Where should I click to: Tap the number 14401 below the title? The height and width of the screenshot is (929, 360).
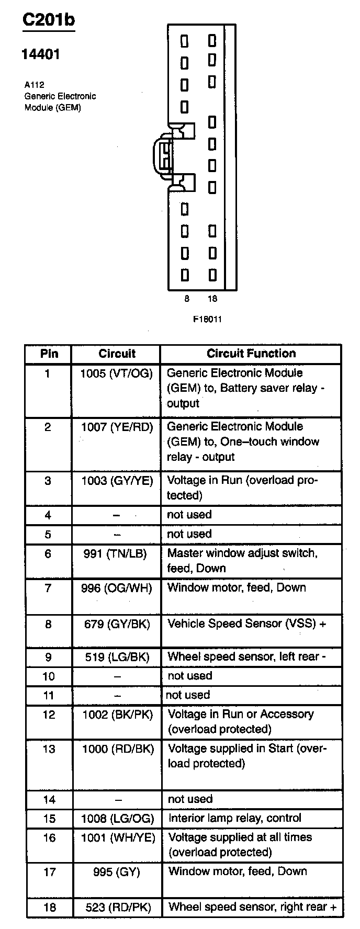(40, 54)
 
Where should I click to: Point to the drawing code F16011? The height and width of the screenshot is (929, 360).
(207, 319)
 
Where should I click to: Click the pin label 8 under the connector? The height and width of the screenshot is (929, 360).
(187, 299)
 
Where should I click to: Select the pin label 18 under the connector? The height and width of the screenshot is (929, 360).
(212, 299)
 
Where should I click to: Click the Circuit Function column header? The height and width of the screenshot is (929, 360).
(251, 354)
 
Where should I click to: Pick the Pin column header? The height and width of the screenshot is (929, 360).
(49, 354)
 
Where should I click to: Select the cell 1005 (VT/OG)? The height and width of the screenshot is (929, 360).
(117, 373)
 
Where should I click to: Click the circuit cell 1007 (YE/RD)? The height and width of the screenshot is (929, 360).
(117, 427)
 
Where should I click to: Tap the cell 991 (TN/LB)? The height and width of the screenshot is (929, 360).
(115, 553)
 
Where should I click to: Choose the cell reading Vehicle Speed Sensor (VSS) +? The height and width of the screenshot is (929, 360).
(246, 624)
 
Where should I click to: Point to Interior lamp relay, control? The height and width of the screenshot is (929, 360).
(235, 818)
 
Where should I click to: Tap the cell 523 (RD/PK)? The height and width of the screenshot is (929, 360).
(118, 908)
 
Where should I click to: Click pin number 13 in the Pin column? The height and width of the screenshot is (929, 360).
(49, 749)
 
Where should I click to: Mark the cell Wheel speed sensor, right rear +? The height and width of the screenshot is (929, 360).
(252, 907)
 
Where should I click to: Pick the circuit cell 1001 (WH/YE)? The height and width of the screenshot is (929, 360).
(118, 838)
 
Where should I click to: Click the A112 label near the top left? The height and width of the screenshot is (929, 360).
(33, 85)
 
